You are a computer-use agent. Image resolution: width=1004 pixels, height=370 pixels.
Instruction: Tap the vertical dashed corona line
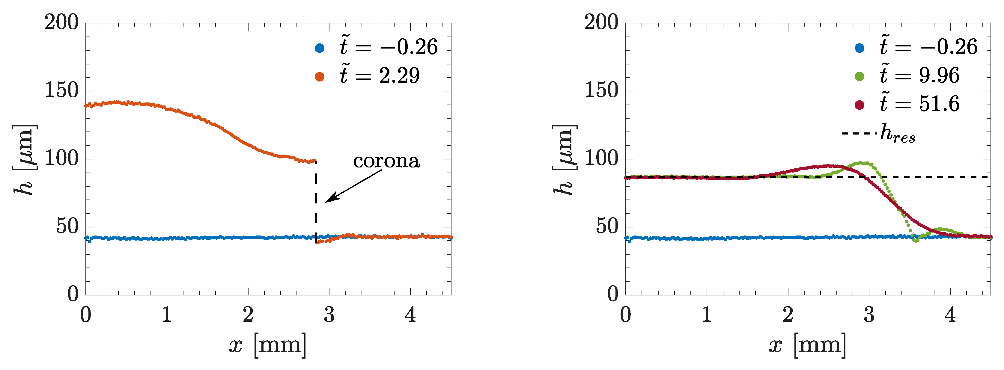pyautogui.click(x=316, y=203)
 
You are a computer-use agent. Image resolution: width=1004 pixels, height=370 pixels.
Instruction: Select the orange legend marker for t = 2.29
pyautogui.click(x=320, y=76)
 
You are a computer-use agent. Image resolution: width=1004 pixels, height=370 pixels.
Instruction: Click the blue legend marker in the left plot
pyautogui.click(x=320, y=48)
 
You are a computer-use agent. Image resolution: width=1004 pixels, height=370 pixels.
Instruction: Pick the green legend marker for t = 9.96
pyautogui.click(x=860, y=76)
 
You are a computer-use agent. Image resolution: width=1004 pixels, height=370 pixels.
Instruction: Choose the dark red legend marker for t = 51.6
pyautogui.click(x=860, y=105)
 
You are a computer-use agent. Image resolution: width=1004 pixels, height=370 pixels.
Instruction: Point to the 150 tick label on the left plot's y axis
pyautogui.click(x=61, y=90)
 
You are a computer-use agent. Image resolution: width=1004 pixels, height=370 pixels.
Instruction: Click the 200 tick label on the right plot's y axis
pyautogui.click(x=601, y=22)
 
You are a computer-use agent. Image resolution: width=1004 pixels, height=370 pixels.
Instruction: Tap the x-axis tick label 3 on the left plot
pyautogui.click(x=329, y=315)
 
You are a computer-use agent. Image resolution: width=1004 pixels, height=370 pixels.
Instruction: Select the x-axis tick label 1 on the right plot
pyautogui.click(x=707, y=315)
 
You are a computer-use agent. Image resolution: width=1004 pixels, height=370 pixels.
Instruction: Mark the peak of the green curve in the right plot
pyautogui.click(x=866, y=163)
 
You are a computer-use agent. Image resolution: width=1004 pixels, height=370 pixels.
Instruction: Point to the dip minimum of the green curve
pyautogui.click(x=916, y=241)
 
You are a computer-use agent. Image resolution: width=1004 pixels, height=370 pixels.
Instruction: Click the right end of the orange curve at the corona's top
pyautogui.click(x=313, y=161)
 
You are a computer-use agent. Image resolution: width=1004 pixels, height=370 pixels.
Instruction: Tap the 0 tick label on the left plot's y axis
pyautogui.click(x=73, y=294)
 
